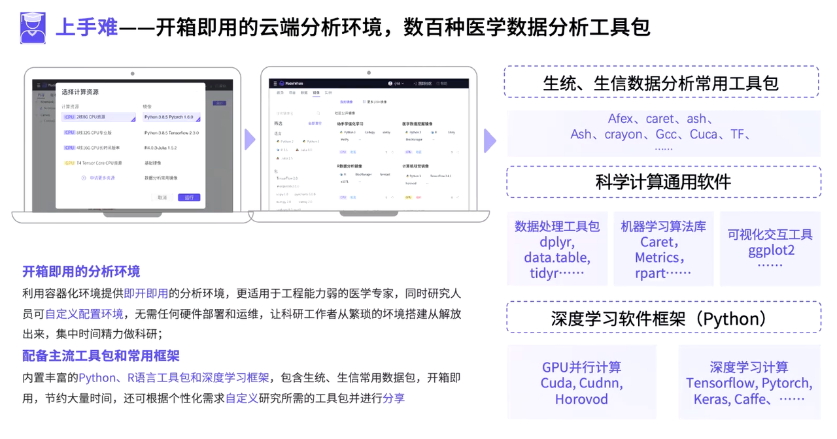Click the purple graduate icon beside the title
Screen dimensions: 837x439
(33, 28)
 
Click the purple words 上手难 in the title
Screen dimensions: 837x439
(86, 28)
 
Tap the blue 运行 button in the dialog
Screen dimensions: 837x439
(189, 197)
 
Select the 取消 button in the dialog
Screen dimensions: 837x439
(162, 197)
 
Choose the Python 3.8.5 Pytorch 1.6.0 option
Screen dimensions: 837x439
(171, 118)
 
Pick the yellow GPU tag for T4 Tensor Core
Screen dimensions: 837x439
(69, 163)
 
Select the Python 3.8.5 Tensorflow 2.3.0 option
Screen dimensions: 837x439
(171, 133)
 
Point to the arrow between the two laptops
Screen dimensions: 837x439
(250, 139)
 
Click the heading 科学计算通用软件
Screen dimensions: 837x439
(663, 182)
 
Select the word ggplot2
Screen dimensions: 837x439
(771, 250)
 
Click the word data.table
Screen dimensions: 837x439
(557, 257)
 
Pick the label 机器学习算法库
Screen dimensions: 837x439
(663, 227)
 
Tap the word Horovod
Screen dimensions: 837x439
(581, 399)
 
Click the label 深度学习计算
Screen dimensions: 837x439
(749, 367)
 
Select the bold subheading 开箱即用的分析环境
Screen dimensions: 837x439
(81, 271)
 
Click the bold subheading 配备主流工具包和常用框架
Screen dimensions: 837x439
(101, 356)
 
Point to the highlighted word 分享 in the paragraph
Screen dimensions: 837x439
(394, 397)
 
